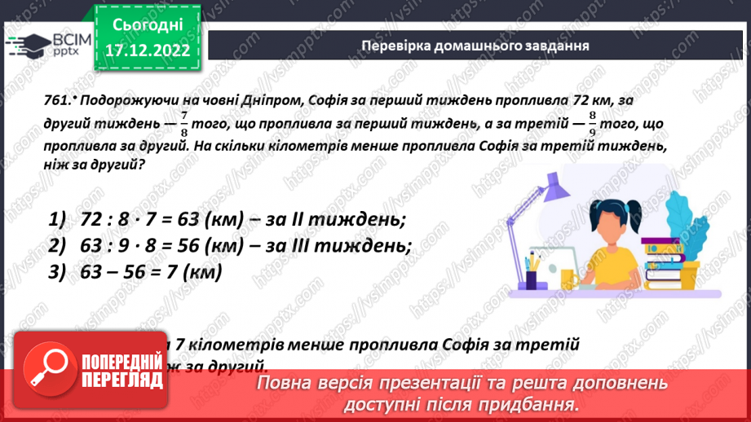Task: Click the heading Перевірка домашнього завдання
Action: [x=475, y=45]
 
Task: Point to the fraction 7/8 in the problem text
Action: [x=184, y=123]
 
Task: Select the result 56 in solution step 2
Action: [x=188, y=246]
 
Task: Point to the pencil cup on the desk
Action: [x=532, y=276]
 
